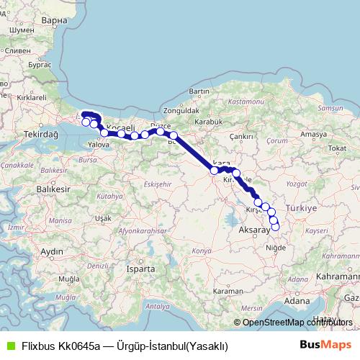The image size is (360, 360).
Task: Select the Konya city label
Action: pyautogui.click(x=202, y=251)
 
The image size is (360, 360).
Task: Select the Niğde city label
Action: pyautogui.click(x=276, y=248)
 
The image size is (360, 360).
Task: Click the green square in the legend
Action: pyautogui.click(x=9, y=346)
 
